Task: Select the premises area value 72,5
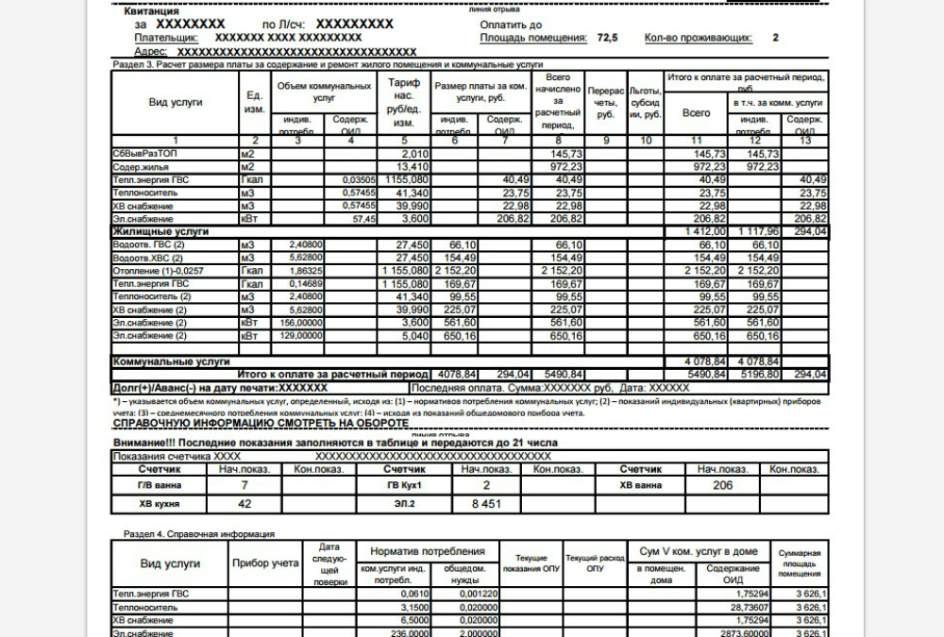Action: click(x=607, y=38)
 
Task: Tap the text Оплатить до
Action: click(x=511, y=24)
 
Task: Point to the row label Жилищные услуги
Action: click(x=160, y=231)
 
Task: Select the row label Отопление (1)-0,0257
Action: click(x=158, y=270)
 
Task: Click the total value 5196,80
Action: click(x=759, y=374)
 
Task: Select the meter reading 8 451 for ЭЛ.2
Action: click(x=487, y=504)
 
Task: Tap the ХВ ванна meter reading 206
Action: click(x=723, y=484)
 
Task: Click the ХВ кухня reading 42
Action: click(x=244, y=504)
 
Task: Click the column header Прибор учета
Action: click(x=265, y=562)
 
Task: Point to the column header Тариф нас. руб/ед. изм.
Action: click(x=404, y=103)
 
